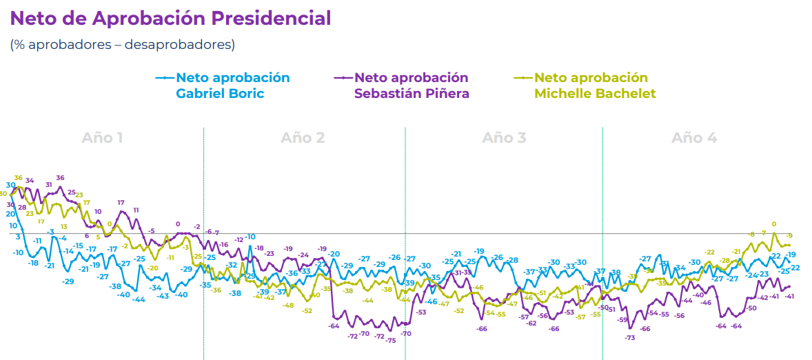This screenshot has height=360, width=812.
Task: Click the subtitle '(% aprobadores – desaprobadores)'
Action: coord(122,45)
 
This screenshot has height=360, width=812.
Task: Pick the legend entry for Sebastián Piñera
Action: coord(411,86)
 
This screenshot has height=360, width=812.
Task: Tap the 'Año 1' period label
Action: coord(102,138)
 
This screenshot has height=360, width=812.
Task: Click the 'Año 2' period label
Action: coord(303,138)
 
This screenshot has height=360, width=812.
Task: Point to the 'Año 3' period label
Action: coord(504,138)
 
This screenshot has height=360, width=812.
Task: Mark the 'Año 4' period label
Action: coord(694,138)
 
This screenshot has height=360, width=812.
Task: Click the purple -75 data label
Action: coord(391,341)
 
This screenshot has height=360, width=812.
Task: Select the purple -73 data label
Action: coord(629,338)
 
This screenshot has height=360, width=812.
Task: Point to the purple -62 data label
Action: coord(531,323)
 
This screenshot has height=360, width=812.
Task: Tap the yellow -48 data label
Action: coord(287,306)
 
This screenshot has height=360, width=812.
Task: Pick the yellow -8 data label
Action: coord(751,234)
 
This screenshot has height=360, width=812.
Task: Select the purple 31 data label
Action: coord(49,185)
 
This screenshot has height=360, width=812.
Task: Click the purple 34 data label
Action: coord(30,181)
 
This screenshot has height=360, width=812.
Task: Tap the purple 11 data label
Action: coord(136,210)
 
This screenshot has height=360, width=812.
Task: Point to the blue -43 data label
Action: coord(163,296)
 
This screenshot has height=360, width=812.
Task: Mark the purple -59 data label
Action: coord(622,320)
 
